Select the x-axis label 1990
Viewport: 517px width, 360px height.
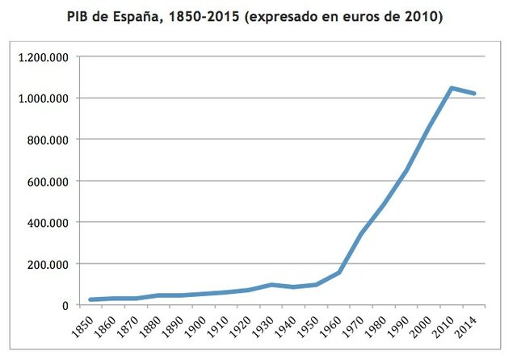click(x=407, y=324)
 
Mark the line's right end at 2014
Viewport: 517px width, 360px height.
click(x=474, y=94)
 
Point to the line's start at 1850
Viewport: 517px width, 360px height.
click(x=90, y=300)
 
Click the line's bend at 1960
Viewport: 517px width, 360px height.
click(x=338, y=272)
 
